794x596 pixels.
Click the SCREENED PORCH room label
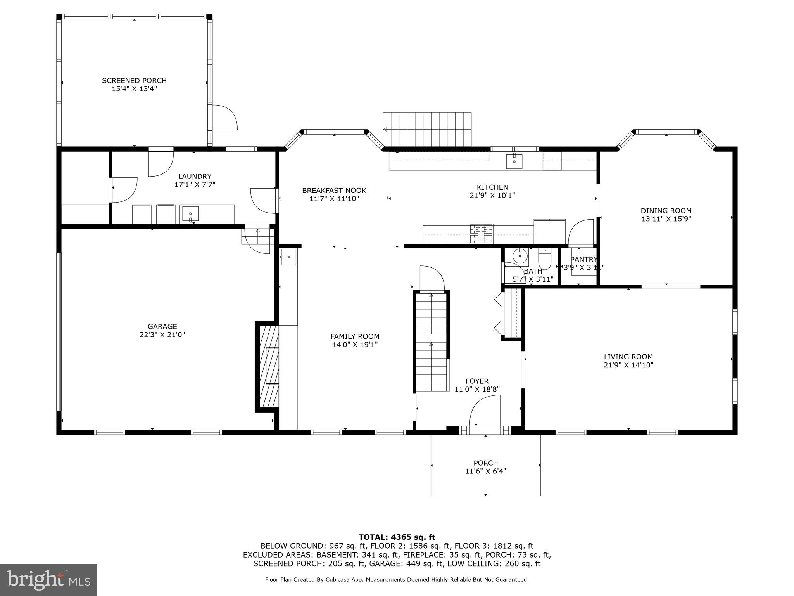[x=134, y=81]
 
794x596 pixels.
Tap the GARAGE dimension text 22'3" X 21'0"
[x=162, y=335]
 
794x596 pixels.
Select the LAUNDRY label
[x=195, y=177]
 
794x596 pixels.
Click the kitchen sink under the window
[x=514, y=161]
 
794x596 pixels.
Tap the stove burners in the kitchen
[x=481, y=234]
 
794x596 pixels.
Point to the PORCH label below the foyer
[x=485, y=463]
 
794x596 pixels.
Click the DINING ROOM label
[x=666, y=211]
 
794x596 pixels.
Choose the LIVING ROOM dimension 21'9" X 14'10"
[x=628, y=365]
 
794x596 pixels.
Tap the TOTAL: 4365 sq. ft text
[x=397, y=537]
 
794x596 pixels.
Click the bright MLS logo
[x=48, y=580]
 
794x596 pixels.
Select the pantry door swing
[x=581, y=232]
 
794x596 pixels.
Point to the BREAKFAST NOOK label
[x=334, y=191]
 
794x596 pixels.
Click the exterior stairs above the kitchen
[x=427, y=129]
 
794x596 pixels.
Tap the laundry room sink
[x=190, y=214]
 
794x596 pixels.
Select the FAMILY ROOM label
[x=355, y=336]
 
